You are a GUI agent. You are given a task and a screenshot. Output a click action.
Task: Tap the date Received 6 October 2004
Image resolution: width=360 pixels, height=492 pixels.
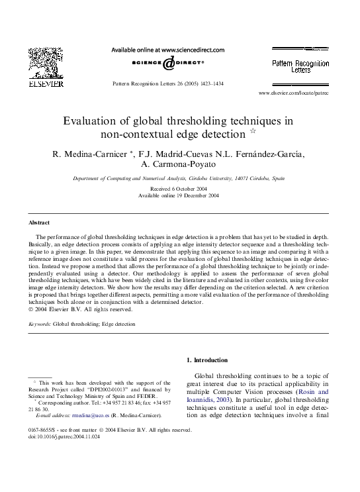(x=179, y=189)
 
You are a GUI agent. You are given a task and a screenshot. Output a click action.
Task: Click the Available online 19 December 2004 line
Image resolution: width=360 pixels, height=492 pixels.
(x=179, y=196)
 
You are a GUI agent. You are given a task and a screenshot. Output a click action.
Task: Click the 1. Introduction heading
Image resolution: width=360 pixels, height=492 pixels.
(x=207, y=360)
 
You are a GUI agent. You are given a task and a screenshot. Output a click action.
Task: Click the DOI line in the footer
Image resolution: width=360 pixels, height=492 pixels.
(x=64, y=437)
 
